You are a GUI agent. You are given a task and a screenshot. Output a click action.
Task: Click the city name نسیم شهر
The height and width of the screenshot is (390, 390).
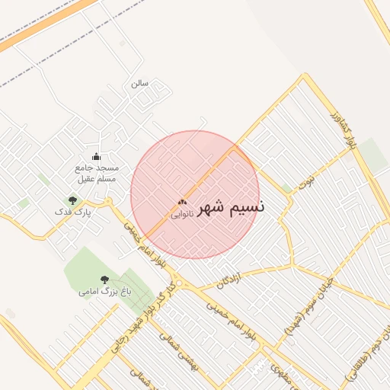[232, 207]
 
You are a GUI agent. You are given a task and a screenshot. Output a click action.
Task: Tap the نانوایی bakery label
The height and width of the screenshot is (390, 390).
[181, 215]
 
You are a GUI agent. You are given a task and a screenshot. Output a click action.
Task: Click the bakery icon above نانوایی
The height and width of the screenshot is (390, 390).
[181, 203]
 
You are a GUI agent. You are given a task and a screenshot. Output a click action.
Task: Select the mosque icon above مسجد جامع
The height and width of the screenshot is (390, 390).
[95, 157]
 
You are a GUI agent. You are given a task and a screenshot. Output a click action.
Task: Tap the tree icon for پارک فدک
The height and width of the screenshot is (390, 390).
[72, 200]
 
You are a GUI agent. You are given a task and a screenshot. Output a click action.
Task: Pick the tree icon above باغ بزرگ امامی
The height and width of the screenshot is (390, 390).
[104, 280]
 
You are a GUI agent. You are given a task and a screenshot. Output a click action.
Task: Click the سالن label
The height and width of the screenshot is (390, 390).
[139, 82]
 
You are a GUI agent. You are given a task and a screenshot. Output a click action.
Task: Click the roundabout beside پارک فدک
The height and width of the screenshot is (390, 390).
[109, 202]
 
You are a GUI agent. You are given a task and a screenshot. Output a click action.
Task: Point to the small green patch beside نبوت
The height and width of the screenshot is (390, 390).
[286, 188]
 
